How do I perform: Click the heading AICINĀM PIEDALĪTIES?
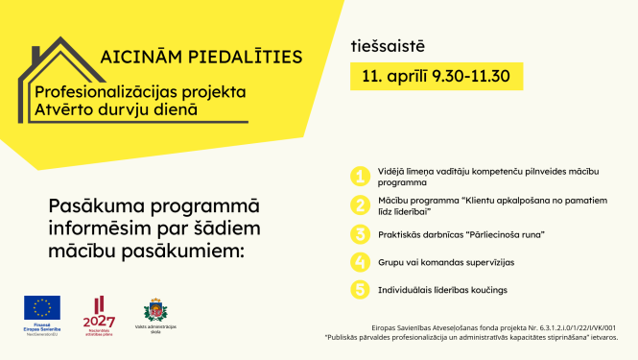pos(201,57)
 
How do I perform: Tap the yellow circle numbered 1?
pos(359,176)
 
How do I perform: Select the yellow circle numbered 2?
pos(359,204)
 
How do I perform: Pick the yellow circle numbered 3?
pos(359,233)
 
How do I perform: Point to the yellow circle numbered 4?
pos(359,261)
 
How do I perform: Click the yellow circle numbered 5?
pos(359,289)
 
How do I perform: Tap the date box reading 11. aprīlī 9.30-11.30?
pos(436,75)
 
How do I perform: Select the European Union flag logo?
pos(41,306)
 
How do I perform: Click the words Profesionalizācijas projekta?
pos(140,92)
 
